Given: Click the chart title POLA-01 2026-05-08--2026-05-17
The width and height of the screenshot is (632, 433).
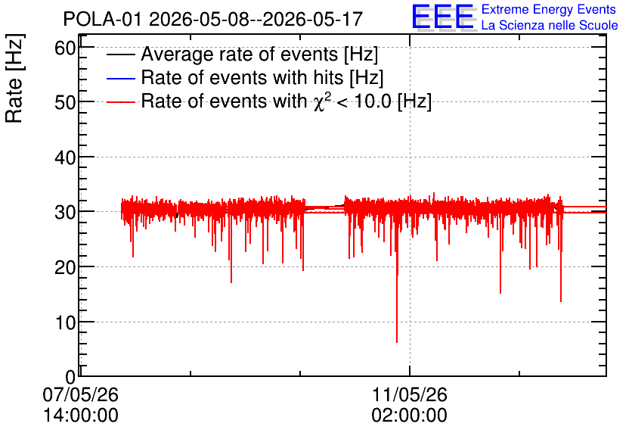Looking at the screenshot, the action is coord(213,19).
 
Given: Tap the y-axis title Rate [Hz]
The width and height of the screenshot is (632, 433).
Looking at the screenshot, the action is coord(14,79).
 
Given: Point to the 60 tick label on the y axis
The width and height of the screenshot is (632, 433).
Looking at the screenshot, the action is coord(65,48).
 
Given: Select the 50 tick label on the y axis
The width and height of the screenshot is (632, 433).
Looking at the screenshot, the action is coord(65,102).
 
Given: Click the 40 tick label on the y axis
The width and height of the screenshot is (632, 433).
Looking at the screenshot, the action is coord(65,157).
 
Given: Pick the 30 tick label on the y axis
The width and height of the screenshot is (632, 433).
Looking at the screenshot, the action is coord(65,212).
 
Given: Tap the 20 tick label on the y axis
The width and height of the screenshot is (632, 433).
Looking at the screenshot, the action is coord(65,267).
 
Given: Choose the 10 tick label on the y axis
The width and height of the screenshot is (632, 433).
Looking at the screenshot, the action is coord(65,322).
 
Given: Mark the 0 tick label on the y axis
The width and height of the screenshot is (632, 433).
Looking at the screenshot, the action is coord(70,377).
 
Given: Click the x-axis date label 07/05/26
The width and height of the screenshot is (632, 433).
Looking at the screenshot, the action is coord(81,394).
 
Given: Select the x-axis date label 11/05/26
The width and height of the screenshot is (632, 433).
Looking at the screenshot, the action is coord(410,394).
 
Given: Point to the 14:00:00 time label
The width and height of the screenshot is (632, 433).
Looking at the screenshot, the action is coord(81,416).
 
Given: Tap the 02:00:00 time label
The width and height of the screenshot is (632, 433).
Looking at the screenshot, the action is coord(410,416).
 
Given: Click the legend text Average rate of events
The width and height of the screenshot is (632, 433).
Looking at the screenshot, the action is coord(240,54).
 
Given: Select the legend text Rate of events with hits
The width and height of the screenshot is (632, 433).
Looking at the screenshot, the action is coord(242,77).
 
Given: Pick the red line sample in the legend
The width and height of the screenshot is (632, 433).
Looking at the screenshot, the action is coord(120,102).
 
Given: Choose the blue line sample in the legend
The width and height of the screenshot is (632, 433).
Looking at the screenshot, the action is coord(120,78).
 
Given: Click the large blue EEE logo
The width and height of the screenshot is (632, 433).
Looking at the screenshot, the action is coord(442,17).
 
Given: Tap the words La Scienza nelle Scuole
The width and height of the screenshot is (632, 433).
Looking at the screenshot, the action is coord(550,26).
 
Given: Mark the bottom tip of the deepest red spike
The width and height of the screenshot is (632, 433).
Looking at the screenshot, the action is coord(397,342).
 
